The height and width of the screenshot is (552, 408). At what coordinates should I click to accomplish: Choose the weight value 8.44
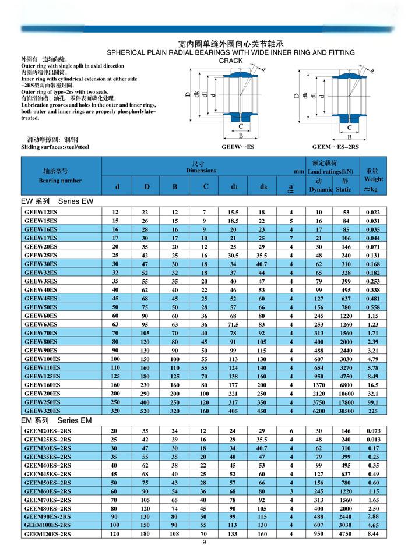tap(373, 533)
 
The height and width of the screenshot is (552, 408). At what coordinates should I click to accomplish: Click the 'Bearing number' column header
tap(60, 181)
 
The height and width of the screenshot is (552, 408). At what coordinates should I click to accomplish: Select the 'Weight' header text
tap(373, 180)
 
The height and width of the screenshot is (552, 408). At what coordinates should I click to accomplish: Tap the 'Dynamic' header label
tap(320, 189)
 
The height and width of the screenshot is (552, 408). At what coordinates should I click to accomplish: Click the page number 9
tap(204, 543)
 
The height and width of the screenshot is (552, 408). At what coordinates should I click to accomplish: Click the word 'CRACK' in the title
tap(230, 61)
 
